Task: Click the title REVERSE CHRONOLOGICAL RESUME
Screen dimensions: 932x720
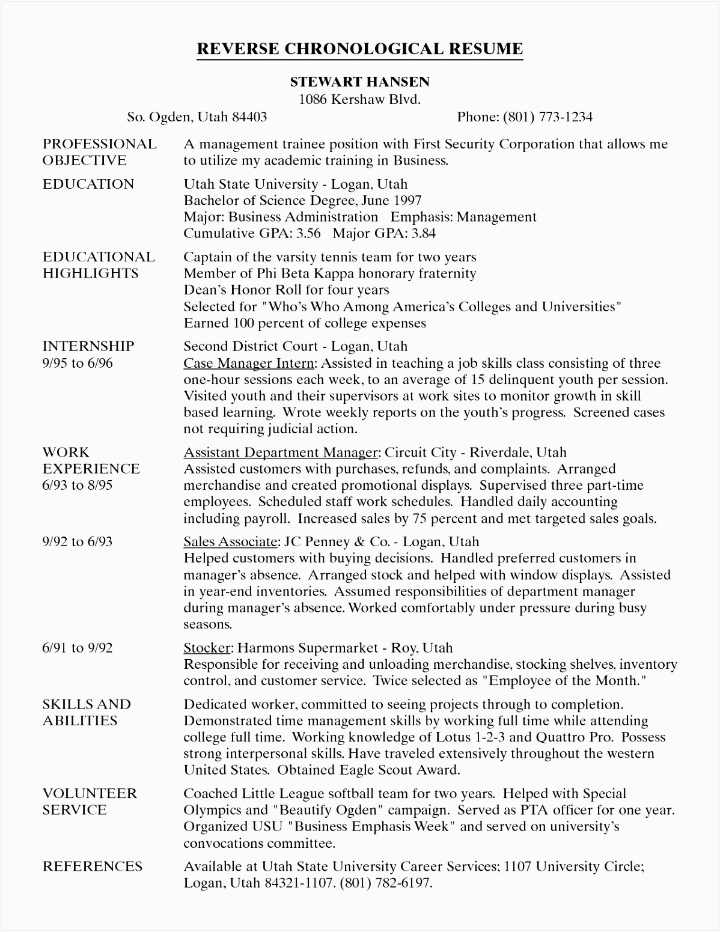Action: click(359, 49)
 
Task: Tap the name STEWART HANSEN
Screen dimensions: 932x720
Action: click(359, 82)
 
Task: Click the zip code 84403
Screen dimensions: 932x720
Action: click(249, 117)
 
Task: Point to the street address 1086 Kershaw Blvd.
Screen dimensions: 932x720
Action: click(359, 99)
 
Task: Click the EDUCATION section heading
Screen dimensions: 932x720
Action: click(88, 184)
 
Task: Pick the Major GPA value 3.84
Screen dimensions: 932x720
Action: click(420, 234)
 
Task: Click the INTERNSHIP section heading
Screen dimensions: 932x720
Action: click(88, 347)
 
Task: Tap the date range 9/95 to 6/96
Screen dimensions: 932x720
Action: click(78, 363)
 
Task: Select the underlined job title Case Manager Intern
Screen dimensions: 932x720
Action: click(248, 364)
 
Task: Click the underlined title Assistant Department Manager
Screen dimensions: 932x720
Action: click(280, 452)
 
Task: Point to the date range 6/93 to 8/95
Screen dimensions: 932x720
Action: click(78, 485)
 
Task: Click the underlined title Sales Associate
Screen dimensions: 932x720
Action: click(230, 542)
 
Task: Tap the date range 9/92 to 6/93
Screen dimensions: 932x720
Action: click(78, 542)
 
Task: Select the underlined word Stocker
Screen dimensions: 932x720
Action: click(207, 648)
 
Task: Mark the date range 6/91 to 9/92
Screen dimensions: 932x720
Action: click(78, 648)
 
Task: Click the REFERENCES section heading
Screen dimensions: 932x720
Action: click(93, 867)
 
